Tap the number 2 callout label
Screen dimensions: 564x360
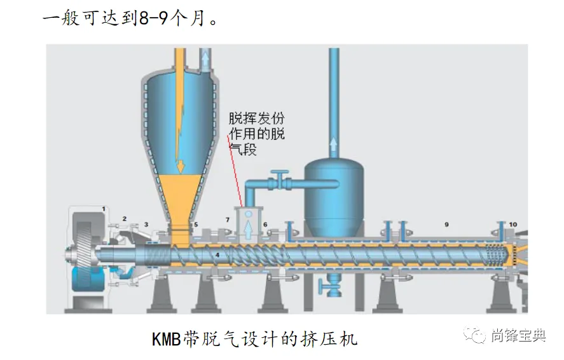(125, 219)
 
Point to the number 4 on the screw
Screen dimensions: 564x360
(217, 256)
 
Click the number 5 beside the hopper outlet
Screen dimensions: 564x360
(196, 225)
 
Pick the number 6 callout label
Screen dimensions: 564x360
(265, 225)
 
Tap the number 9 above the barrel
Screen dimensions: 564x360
(446, 225)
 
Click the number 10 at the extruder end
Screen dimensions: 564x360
(512, 225)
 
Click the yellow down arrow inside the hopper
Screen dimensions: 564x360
(180, 165)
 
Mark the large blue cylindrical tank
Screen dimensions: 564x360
(334, 191)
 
